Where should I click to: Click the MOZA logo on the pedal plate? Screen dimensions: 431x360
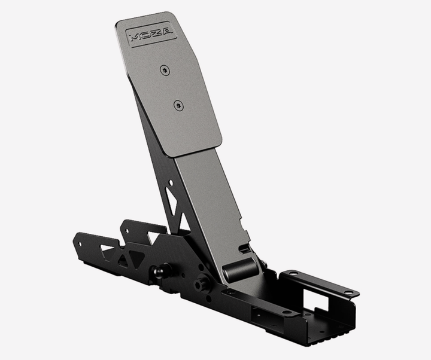[x=151, y=34]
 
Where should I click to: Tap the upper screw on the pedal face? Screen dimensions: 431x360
[x=165, y=71]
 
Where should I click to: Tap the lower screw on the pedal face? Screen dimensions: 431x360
[x=178, y=106]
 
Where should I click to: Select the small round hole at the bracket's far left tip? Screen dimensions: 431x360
[x=80, y=243]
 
